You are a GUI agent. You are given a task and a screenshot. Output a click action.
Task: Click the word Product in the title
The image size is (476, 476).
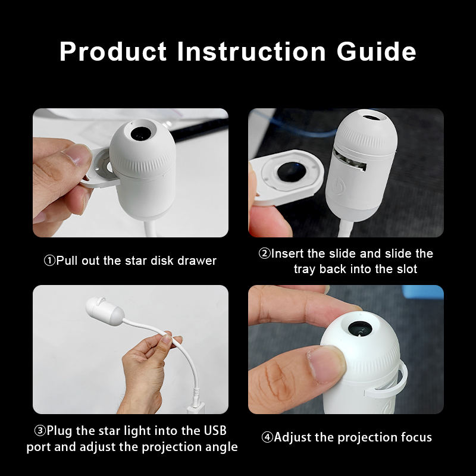(x=113, y=51)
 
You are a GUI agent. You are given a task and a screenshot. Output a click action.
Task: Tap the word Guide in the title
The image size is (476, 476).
(x=377, y=51)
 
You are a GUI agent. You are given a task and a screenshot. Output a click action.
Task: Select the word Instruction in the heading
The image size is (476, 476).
(x=252, y=51)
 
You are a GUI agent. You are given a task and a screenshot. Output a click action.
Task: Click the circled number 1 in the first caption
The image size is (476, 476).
(x=49, y=261)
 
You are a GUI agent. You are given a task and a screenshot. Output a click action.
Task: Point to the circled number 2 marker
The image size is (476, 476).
(x=264, y=253)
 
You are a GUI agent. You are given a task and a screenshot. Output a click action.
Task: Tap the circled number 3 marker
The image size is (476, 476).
(x=40, y=430)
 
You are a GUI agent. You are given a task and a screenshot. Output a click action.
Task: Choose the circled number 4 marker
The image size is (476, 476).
(x=267, y=437)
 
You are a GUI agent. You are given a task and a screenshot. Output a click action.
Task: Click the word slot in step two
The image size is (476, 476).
(x=407, y=269)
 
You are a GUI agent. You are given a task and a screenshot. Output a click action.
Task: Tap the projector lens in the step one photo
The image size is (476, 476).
(x=141, y=133)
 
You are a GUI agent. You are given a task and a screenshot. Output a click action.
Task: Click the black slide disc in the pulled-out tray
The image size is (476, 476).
(x=291, y=171)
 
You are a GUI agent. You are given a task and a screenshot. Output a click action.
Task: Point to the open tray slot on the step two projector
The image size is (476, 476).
(x=349, y=160)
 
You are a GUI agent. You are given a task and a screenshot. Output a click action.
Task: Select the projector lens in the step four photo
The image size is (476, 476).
(x=361, y=328)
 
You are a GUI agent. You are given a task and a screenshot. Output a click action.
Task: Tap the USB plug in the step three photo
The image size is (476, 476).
(x=196, y=405)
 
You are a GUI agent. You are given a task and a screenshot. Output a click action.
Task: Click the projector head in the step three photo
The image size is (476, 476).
(x=104, y=311)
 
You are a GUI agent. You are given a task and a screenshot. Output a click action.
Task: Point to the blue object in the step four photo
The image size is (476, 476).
(x=422, y=292)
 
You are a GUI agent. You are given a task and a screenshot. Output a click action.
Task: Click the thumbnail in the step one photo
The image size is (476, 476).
(x=76, y=155)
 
